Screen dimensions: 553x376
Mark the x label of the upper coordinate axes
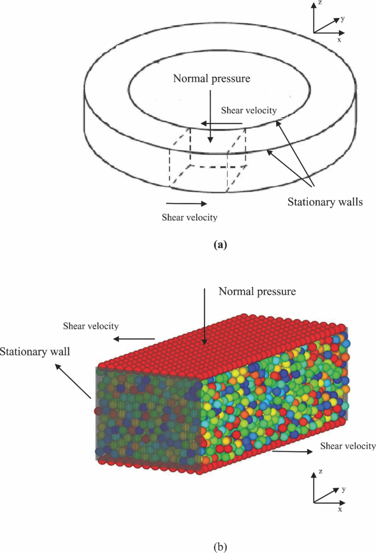pyautogui.click(x=339, y=39)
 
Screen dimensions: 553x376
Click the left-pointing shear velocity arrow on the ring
pyautogui.click(x=222, y=124)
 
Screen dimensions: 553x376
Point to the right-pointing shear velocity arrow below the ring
pyautogui.click(x=186, y=203)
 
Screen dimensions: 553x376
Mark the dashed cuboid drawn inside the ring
pyautogui.click(x=208, y=160)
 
